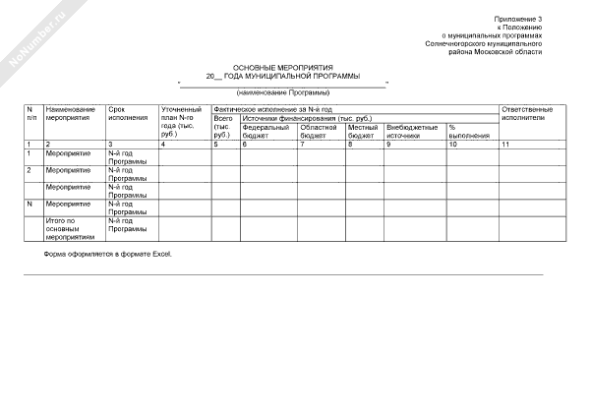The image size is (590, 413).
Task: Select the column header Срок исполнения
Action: [125, 111]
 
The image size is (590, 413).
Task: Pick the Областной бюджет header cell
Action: [319, 131]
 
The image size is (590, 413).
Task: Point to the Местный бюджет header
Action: [362, 131]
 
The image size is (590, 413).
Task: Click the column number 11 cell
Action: [506, 145]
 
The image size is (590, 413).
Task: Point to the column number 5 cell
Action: [216, 145]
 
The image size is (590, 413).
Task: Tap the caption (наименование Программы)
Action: [282, 91]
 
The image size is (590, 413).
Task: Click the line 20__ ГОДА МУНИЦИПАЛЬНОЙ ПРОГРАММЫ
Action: [282, 75]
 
